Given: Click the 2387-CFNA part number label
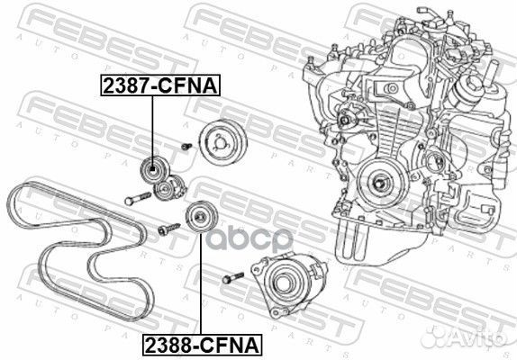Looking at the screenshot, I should [154, 87].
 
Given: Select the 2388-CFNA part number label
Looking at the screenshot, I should [199, 344].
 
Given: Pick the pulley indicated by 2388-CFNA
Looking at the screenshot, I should [196, 219].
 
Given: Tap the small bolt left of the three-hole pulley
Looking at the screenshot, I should [184, 146].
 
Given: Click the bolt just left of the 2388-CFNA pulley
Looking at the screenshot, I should [163, 229].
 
